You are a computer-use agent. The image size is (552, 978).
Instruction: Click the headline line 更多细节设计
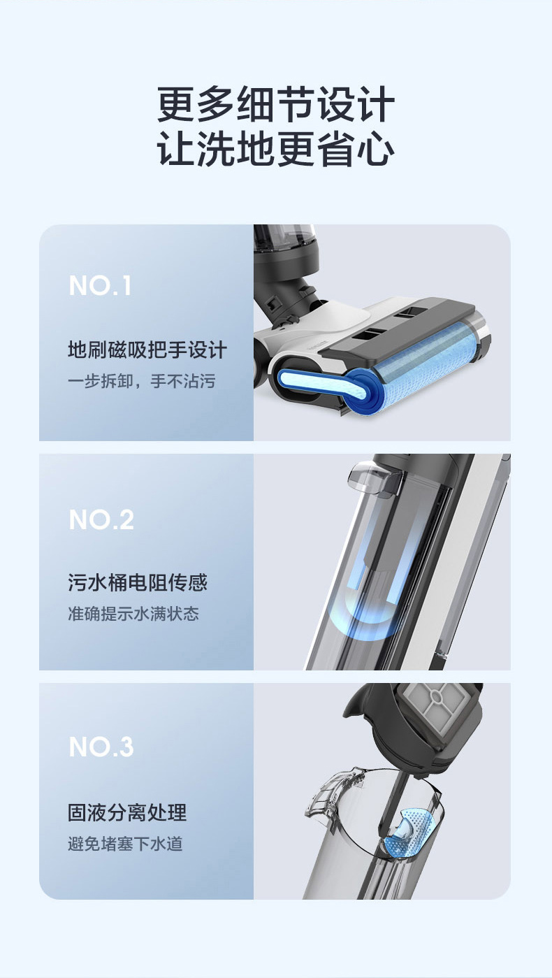click(x=276, y=106)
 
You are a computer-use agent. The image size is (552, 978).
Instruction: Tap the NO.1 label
click(x=100, y=286)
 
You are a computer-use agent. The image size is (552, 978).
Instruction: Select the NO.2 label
click(x=101, y=519)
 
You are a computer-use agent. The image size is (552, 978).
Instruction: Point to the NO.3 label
click(x=101, y=747)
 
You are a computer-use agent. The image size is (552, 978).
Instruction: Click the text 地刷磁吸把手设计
click(x=147, y=350)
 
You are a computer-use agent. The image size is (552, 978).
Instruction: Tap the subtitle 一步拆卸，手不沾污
click(x=141, y=382)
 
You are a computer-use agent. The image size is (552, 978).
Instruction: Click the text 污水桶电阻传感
click(x=138, y=582)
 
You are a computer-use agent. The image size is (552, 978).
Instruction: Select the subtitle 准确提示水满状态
click(x=133, y=614)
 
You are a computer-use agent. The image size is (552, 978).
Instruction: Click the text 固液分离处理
click(x=127, y=812)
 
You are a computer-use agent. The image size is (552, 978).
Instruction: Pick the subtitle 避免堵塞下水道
click(x=125, y=844)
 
